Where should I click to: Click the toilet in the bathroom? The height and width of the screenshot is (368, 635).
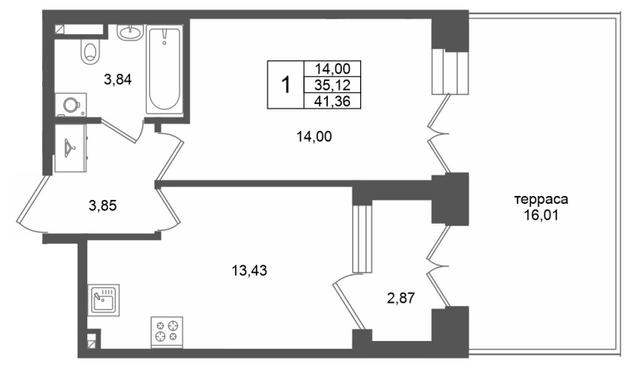(89, 52)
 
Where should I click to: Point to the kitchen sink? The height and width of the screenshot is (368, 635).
(102, 300)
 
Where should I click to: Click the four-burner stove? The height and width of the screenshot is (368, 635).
(167, 330)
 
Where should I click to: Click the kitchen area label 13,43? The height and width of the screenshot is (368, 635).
(248, 270)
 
